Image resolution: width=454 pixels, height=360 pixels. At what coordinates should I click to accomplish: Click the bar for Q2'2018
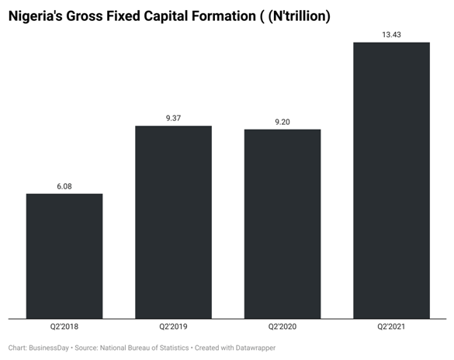[64, 255]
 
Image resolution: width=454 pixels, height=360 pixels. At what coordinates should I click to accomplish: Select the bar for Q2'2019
[173, 221]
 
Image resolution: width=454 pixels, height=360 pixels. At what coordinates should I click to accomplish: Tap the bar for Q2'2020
[282, 223]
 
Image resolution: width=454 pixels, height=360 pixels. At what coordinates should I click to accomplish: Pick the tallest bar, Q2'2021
[391, 179]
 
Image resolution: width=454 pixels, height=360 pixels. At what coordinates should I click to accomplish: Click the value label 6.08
[64, 186]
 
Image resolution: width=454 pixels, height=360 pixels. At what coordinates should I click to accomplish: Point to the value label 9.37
[173, 118]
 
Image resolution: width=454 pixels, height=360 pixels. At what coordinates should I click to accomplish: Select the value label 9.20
[282, 122]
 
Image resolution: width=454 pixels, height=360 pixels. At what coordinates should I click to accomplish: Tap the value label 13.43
[391, 34]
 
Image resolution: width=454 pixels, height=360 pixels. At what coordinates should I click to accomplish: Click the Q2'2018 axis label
[64, 327]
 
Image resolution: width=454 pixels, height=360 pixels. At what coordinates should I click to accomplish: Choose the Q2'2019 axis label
[173, 327]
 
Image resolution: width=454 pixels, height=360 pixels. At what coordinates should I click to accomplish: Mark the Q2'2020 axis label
[282, 327]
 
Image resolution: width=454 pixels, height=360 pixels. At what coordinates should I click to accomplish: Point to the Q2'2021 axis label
[391, 327]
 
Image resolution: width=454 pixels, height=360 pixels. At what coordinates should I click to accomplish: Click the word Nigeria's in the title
[37, 16]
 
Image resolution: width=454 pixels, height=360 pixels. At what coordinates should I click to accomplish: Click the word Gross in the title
[91, 16]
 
